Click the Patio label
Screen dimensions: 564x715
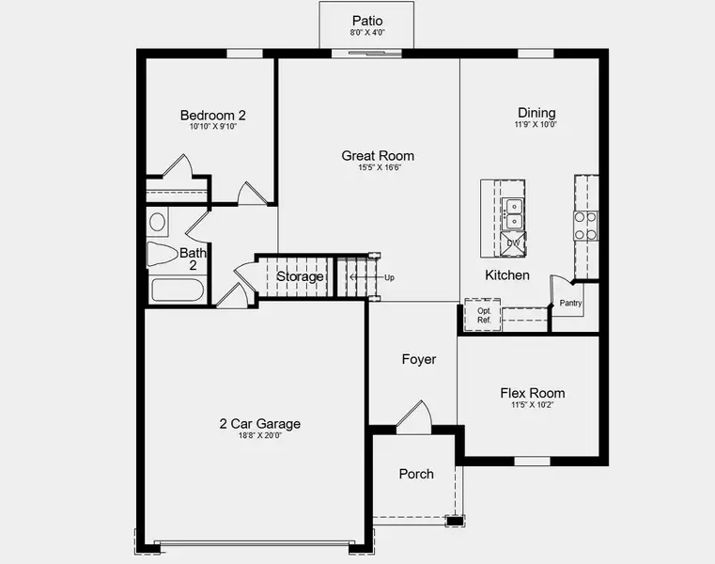coord(367,20)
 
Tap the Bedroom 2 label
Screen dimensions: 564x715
coord(213,116)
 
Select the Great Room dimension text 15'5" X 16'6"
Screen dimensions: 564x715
coord(377,168)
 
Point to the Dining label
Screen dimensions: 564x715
coord(536,113)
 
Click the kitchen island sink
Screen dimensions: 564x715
coord(514,214)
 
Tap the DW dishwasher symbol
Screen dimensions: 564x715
coord(514,243)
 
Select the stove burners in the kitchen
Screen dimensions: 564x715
coord(586,226)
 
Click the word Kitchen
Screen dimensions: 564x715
coord(507,275)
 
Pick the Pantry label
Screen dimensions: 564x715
coord(571,303)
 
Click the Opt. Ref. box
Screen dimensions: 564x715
coord(484,315)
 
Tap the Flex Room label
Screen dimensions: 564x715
coord(533,394)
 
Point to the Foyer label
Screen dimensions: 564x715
coord(419,359)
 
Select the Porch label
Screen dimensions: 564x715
coord(416,474)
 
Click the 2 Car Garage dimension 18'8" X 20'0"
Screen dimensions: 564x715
coord(260,435)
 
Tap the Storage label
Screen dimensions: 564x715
coord(300,277)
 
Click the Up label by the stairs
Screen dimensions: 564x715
coord(389,277)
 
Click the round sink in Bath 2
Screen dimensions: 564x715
coord(158,223)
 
